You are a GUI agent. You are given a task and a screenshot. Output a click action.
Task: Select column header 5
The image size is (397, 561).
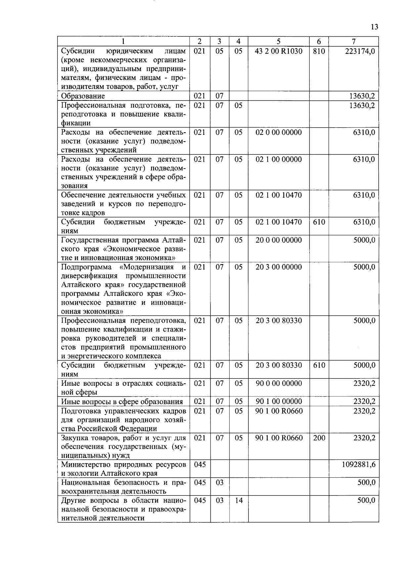[279, 41]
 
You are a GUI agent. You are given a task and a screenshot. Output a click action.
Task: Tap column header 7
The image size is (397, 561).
[354, 41]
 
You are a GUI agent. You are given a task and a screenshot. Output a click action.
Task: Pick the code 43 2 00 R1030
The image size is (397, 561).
[279, 51]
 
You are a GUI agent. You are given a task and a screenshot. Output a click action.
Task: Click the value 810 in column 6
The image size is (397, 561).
[319, 51]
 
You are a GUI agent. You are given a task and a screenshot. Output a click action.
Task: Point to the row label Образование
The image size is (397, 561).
[83, 96]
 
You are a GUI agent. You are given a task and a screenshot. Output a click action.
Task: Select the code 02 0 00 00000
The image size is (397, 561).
[279, 133]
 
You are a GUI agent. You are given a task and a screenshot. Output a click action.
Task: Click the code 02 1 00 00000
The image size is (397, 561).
[279, 160]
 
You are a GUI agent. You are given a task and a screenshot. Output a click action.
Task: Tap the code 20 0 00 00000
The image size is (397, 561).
[279, 240]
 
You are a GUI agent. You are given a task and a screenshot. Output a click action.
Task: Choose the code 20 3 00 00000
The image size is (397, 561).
[279, 267]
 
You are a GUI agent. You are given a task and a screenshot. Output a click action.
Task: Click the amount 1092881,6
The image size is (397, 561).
[359, 465]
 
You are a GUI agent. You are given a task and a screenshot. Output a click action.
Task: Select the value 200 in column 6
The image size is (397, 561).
[319, 438]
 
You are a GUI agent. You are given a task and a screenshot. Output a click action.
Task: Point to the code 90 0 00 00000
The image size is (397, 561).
[279, 383]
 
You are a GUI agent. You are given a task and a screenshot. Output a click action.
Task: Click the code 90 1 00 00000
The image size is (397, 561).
[279, 401]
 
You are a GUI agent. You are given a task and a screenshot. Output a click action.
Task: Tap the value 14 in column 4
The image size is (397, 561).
[239, 501]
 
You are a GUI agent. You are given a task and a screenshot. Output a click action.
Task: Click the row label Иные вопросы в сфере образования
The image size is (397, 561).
[122, 402]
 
